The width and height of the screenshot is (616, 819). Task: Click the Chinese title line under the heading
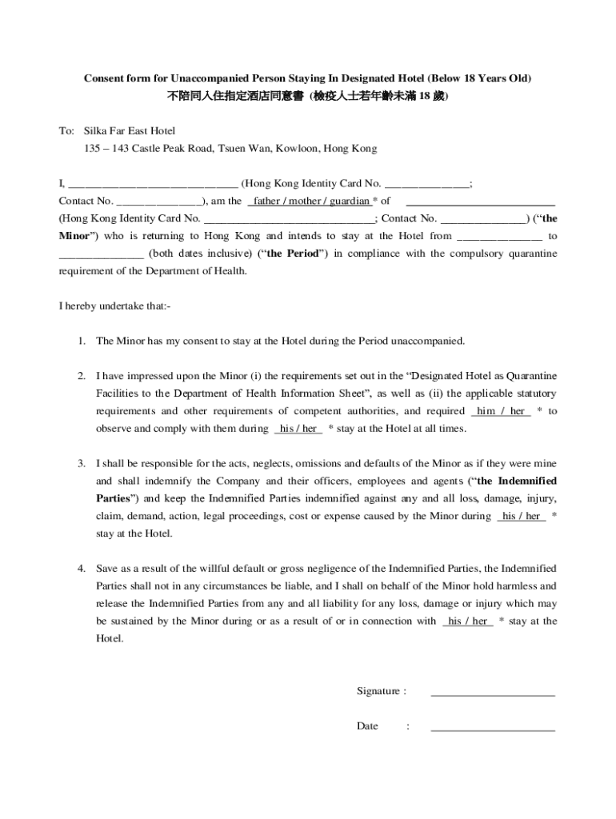(x=308, y=96)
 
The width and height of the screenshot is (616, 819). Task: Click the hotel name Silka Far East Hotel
(x=130, y=130)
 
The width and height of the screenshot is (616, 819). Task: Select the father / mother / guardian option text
(x=311, y=201)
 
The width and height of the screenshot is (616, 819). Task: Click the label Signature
(x=381, y=691)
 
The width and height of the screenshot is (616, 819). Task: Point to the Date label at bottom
(x=367, y=726)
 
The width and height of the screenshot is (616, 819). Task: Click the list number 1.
(x=82, y=341)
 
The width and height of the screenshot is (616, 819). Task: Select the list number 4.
(x=82, y=568)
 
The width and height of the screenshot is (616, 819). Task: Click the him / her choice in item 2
(x=501, y=411)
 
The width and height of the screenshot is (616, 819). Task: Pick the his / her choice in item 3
(x=522, y=516)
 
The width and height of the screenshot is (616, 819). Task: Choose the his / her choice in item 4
(x=468, y=621)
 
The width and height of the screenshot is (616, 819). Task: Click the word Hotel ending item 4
(x=110, y=638)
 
